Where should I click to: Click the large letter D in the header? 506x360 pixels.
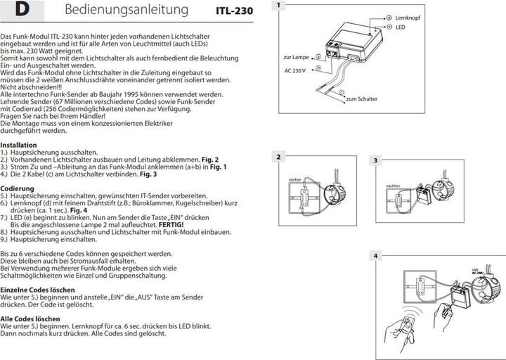(x=23, y=11)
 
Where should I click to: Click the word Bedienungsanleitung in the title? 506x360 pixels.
(x=126, y=11)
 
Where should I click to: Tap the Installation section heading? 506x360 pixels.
(x=19, y=145)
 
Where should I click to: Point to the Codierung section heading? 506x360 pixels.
(x=17, y=188)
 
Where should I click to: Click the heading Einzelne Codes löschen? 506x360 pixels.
(x=38, y=290)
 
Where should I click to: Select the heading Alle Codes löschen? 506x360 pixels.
(x=30, y=319)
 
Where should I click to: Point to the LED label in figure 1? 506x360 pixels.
(x=400, y=26)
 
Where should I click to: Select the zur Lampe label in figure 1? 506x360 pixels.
(x=296, y=56)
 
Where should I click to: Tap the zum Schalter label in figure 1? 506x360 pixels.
(x=361, y=99)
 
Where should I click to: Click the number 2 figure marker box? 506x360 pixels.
(x=279, y=157)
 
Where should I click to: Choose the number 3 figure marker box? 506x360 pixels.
(x=376, y=160)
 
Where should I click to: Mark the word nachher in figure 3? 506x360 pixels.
(x=394, y=186)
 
